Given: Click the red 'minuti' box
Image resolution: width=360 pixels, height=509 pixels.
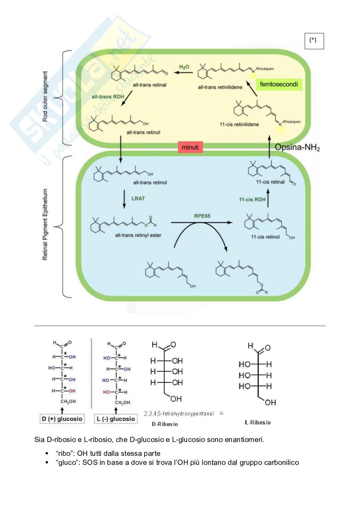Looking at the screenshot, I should (x=190, y=147).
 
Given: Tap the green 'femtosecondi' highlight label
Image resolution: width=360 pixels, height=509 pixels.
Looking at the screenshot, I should (x=279, y=84).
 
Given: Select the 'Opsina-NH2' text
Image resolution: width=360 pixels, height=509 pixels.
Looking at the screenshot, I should (x=297, y=148).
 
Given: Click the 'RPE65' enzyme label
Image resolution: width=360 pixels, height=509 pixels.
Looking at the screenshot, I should (x=202, y=216).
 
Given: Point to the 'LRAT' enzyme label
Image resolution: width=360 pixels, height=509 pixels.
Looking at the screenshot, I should (x=138, y=198).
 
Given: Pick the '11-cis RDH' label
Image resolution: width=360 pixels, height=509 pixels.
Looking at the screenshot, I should (x=252, y=200).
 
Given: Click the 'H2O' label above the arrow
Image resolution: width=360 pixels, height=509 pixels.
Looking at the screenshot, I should (x=184, y=67).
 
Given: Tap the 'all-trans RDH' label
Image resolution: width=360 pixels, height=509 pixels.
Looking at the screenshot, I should (x=106, y=96).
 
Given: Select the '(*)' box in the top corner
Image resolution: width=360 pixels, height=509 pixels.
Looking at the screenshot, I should (x=314, y=41).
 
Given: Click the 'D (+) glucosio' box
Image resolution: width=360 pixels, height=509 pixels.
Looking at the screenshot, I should (x=62, y=419).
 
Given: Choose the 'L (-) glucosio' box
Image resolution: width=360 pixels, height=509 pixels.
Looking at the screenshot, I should (x=115, y=419).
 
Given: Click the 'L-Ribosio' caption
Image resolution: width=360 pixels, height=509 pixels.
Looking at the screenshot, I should (x=258, y=422).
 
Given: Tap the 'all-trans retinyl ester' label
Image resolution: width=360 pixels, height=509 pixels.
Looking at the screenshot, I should (x=138, y=235).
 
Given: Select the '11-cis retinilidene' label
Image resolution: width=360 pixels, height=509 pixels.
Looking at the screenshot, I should (x=239, y=124).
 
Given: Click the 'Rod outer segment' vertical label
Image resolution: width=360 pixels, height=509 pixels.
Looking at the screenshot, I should (x=45, y=96).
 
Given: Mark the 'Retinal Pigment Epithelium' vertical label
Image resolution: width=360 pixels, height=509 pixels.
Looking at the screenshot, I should (x=45, y=225).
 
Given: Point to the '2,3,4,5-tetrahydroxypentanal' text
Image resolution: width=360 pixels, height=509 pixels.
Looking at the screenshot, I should (x=179, y=414).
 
